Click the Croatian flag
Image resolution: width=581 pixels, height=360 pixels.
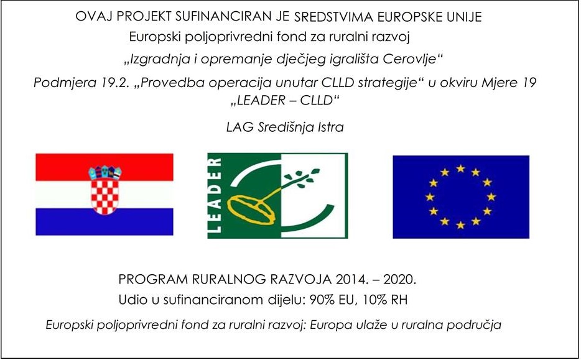pyautogui.click(x=105, y=195)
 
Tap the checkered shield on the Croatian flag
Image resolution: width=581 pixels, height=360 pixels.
pyautogui.click(x=105, y=196)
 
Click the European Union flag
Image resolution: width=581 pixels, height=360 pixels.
pyautogui.click(x=461, y=196)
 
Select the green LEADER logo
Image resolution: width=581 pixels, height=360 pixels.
pyautogui.click(x=277, y=196)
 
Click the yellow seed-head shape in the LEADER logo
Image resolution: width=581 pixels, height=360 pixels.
pyautogui.click(x=251, y=210)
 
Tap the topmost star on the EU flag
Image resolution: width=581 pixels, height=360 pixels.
pyautogui.click(x=460, y=168)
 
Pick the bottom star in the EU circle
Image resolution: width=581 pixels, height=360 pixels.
pyautogui.click(x=460, y=225)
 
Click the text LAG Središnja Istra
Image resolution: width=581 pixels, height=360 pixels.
pyautogui.click(x=285, y=127)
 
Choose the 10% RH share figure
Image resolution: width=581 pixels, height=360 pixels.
pyautogui.click(x=385, y=300)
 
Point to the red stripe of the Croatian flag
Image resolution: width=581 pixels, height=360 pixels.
pyautogui.click(x=105, y=167)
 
